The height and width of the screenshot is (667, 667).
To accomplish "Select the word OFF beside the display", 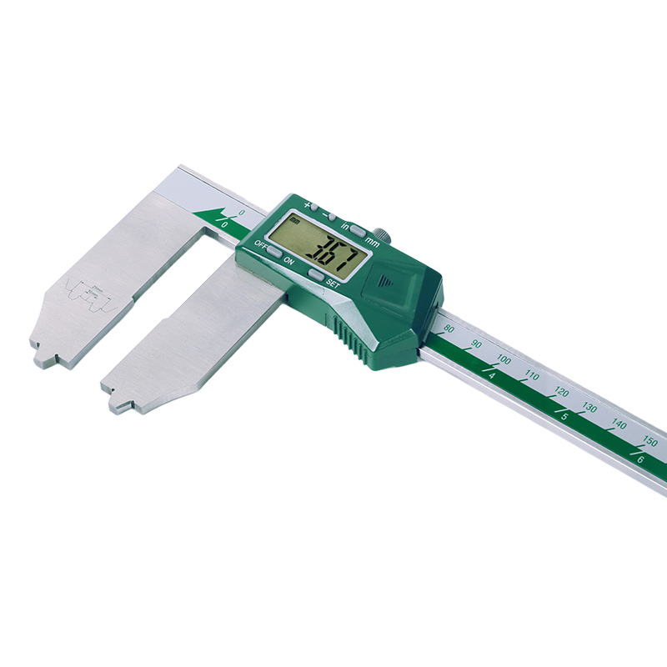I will point(261,244).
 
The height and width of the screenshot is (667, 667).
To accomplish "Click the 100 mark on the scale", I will point(504,359).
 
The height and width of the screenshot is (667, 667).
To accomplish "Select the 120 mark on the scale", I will point(563,392).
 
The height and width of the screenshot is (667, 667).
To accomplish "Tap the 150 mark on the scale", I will point(649,441).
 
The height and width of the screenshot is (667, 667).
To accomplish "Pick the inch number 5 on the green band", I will point(566,416).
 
